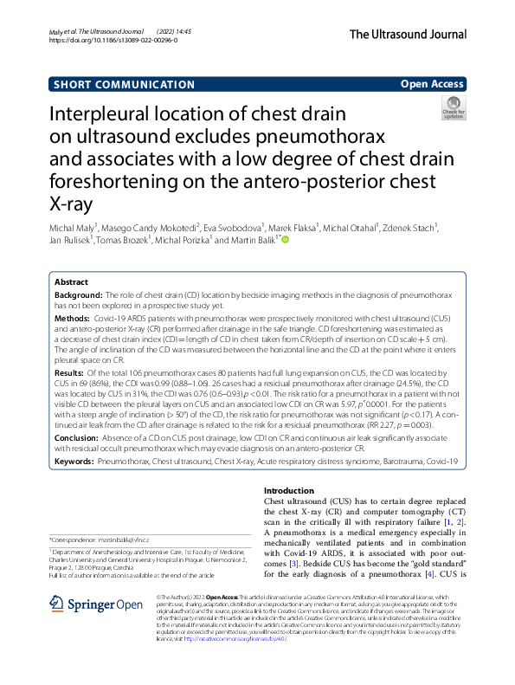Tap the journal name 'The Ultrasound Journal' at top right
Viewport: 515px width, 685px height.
[408, 34]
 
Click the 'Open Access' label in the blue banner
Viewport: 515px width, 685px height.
[433, 85]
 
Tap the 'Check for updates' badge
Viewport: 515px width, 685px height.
[454, 110]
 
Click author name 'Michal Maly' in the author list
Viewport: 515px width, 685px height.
[72, 228]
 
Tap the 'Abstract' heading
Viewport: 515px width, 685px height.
[72, 282]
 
